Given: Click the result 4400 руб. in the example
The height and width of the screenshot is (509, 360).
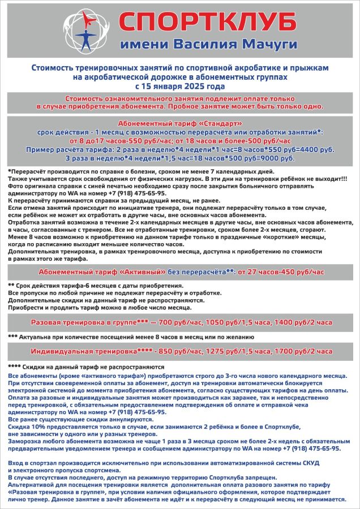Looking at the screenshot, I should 319,150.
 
